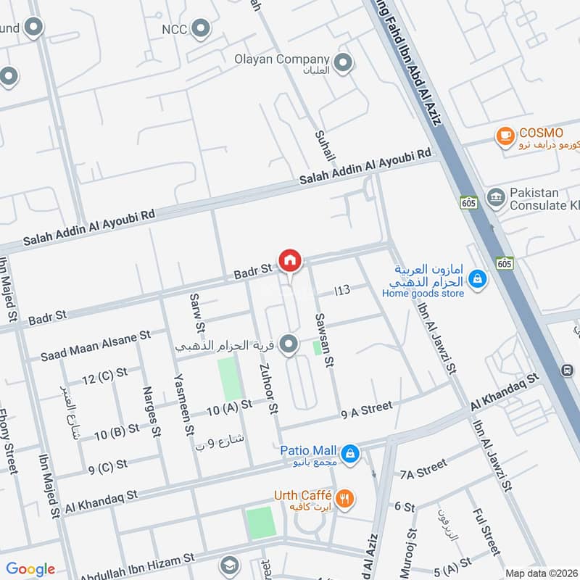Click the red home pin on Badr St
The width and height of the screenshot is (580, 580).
pos(290,260)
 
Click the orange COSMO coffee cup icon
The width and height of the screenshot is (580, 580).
pos(505,135)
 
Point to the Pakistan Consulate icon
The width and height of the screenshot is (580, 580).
pos(496,197)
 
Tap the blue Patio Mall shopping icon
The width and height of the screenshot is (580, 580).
pos(350,454)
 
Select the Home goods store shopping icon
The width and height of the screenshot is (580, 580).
pos(477,278)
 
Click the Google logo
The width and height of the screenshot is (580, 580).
pos(30,569)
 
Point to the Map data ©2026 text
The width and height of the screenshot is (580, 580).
pos(540,572)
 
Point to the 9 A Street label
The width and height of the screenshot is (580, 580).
pos(366,410)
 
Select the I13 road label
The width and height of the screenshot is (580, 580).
pos(342,290)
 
